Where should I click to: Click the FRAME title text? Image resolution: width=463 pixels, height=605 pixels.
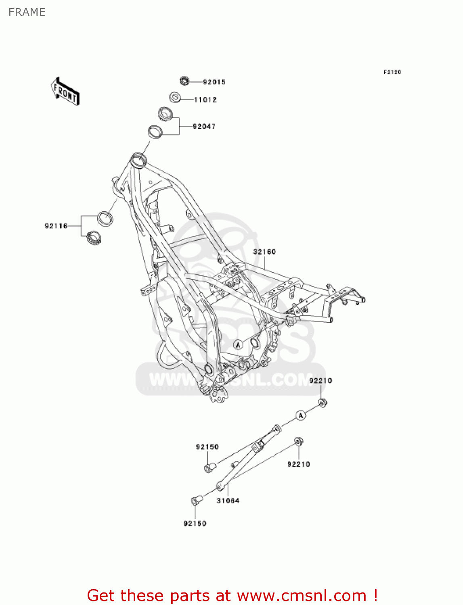coord(27,12)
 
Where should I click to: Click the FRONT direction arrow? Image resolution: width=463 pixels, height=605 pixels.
coord(65,92)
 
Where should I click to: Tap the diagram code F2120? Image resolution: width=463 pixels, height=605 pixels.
coord(392,72)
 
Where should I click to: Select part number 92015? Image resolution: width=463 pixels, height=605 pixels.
coord(214,82)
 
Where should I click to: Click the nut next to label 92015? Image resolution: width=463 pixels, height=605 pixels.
coord(184,81)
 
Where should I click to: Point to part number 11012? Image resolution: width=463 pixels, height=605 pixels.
coord(205,100)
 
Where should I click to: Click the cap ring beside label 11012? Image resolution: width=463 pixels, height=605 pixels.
coord(175,98)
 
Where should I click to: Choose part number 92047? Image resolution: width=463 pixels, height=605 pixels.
coord(204,126)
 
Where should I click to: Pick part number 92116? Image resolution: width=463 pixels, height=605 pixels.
coord(56,226)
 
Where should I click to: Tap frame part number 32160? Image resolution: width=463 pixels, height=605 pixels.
coord(264,252)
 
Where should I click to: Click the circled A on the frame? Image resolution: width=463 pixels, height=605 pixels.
coord(238,344)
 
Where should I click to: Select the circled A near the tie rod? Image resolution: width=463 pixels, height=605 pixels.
coord(301,415)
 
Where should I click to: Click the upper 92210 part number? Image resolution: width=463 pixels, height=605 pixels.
coord(321,380)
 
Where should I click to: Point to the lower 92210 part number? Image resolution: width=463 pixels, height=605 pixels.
coord(298,464)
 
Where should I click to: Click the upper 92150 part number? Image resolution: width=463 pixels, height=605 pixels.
coord(207,447)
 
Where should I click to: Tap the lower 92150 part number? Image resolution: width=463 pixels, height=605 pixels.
coord(195,524)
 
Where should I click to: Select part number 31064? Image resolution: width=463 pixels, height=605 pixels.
coord(228,501)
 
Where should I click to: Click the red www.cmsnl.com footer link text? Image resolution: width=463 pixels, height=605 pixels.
coord(302,595)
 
